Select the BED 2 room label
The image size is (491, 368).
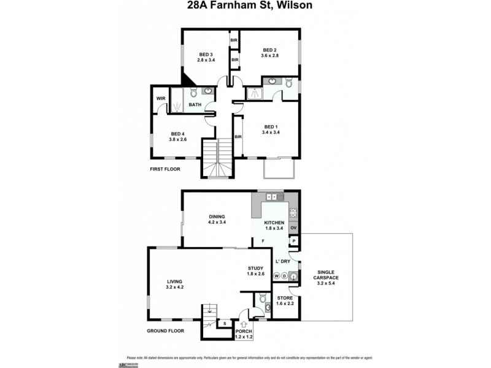pyautogui.click(x=271, y=50)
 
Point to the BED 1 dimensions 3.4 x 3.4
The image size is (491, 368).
pyautogui.click(x=271, y=132)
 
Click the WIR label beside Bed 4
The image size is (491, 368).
pyautogui.click(x=161, y=98)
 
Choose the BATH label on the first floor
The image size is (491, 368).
pyautogui.click(x=195, y=105)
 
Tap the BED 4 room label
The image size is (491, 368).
pyautogui.click(x=177, y=134)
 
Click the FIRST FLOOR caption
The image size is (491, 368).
pyautogui.click(x=165, y=169)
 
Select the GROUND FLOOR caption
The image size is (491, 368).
pyautogui.click(x=166, y=331)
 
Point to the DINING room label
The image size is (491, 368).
pyautogui.click(x=217, y=217)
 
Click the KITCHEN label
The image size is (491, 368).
pyautogui.click(x=274, y=223)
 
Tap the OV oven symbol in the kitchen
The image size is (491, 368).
pyautogui.click(x=293, y=228)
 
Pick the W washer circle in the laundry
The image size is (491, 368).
pyautogui.click(x=277, y=276)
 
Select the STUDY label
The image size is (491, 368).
pyautogui.click(x=255, y=268)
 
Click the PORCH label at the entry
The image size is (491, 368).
pyautogui.click(x=244, y=332)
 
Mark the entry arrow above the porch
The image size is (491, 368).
pyautogui.click(x=245, y=324)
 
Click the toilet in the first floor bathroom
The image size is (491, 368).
pyautogui.click(x=193, y=93)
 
